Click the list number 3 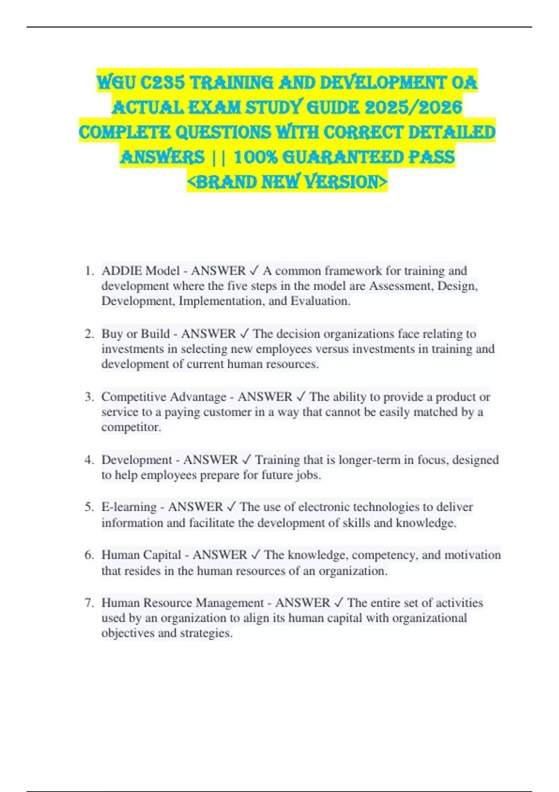89,397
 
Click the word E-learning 129,507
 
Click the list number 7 89,603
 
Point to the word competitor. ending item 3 131,427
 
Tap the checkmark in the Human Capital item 256,555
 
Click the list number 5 89,507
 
